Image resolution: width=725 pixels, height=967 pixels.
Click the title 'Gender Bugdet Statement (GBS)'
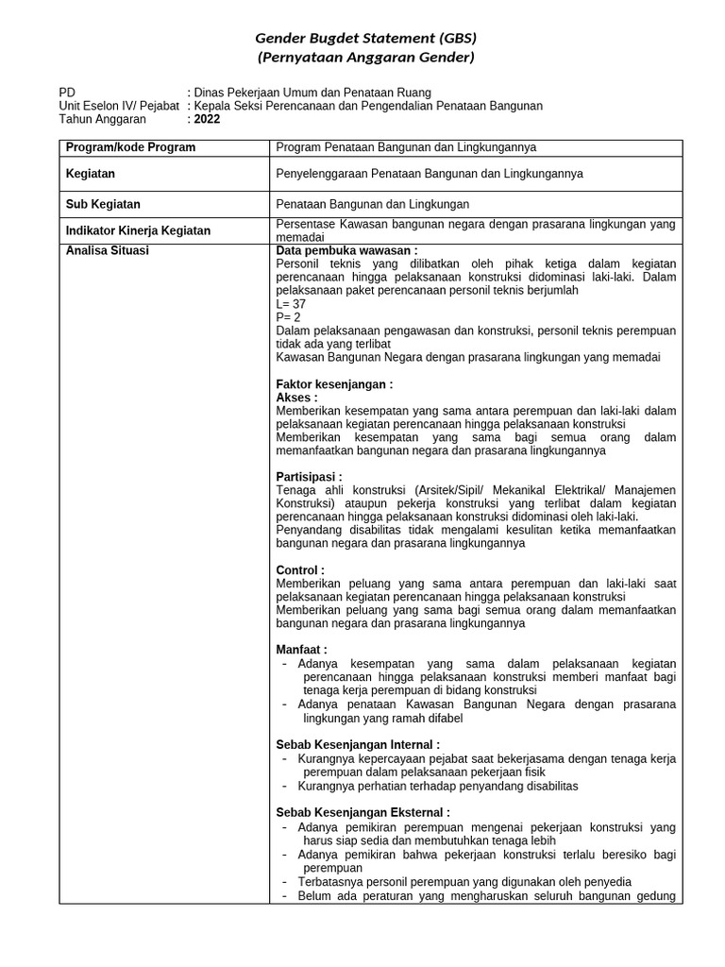tap(366, 39)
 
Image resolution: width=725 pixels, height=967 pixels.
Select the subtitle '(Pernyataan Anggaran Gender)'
tap(366, 58)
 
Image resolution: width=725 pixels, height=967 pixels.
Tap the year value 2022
tap(207, 120)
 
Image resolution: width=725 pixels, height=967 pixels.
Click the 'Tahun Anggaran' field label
tap(102, 120)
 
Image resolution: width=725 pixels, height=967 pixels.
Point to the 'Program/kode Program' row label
tap(130, 147)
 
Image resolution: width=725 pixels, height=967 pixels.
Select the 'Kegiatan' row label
tap(91, 174)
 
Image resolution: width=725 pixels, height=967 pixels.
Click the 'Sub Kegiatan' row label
tap(103, 204)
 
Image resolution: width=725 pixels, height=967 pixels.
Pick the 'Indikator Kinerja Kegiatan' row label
tap(138, 230)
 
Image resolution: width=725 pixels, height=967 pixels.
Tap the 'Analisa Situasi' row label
tap(107, 251)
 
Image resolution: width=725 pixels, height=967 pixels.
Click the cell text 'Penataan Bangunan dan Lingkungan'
tap(372, 204)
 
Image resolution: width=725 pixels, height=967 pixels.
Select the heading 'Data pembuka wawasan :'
tap(346, 251)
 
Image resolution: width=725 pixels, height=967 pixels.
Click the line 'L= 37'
tap(291, 304)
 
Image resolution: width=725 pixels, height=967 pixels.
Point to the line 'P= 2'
tap(288, 317)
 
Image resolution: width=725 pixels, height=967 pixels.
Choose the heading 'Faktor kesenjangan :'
tap(334, 384)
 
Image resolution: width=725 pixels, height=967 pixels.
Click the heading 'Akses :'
tap(296, 398)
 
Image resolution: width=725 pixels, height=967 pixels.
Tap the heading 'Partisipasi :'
tap(309, 477)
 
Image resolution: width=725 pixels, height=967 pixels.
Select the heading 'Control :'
tap(300, 570)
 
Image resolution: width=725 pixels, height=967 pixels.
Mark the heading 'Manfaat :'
tap(301, 650)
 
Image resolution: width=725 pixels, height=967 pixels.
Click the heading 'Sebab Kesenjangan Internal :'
tap(358, 744)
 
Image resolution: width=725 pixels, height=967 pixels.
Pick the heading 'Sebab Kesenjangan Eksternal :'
tap(362, 812)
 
